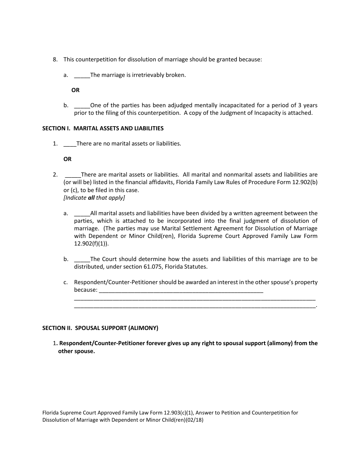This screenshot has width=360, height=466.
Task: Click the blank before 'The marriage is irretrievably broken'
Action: [82, 75]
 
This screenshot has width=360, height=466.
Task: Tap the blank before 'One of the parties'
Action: [82, 106]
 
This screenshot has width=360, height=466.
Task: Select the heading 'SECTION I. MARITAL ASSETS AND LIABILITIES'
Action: [103, 128]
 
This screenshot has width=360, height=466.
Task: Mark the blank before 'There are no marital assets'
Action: [70, 144]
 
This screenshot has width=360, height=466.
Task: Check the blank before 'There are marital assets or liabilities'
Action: [73, 175]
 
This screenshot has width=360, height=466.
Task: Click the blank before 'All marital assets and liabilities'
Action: [82, 214]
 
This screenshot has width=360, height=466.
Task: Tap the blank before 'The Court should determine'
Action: [82, 260]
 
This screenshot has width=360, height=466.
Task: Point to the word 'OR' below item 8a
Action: [75, 90]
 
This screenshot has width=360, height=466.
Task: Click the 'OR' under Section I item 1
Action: [67, 159]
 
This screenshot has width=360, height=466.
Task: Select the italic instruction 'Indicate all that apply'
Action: [94, 198]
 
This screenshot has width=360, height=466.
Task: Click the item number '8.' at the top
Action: [55, 59]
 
